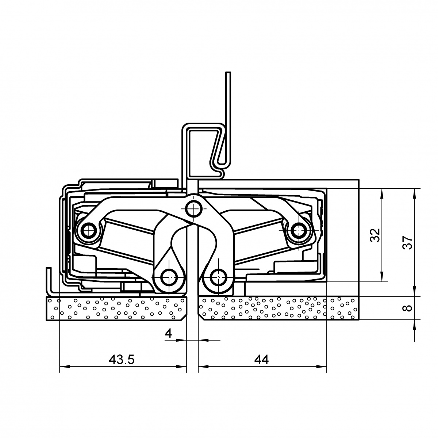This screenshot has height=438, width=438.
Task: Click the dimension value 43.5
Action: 122,360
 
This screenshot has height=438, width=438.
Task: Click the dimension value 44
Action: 262,360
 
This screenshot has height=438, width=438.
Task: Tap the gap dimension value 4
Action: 168,334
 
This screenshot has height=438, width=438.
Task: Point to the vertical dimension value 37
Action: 407,242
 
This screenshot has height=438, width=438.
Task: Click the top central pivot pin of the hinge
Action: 193,208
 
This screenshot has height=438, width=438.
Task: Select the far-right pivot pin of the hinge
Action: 299,230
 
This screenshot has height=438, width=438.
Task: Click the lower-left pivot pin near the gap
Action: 169,277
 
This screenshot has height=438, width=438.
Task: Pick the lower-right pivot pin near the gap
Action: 218,277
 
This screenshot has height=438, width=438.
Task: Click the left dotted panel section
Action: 116,308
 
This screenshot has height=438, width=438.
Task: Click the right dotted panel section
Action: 278,308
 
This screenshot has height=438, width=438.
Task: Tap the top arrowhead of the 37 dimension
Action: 415,193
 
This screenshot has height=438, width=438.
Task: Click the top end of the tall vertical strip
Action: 228,73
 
